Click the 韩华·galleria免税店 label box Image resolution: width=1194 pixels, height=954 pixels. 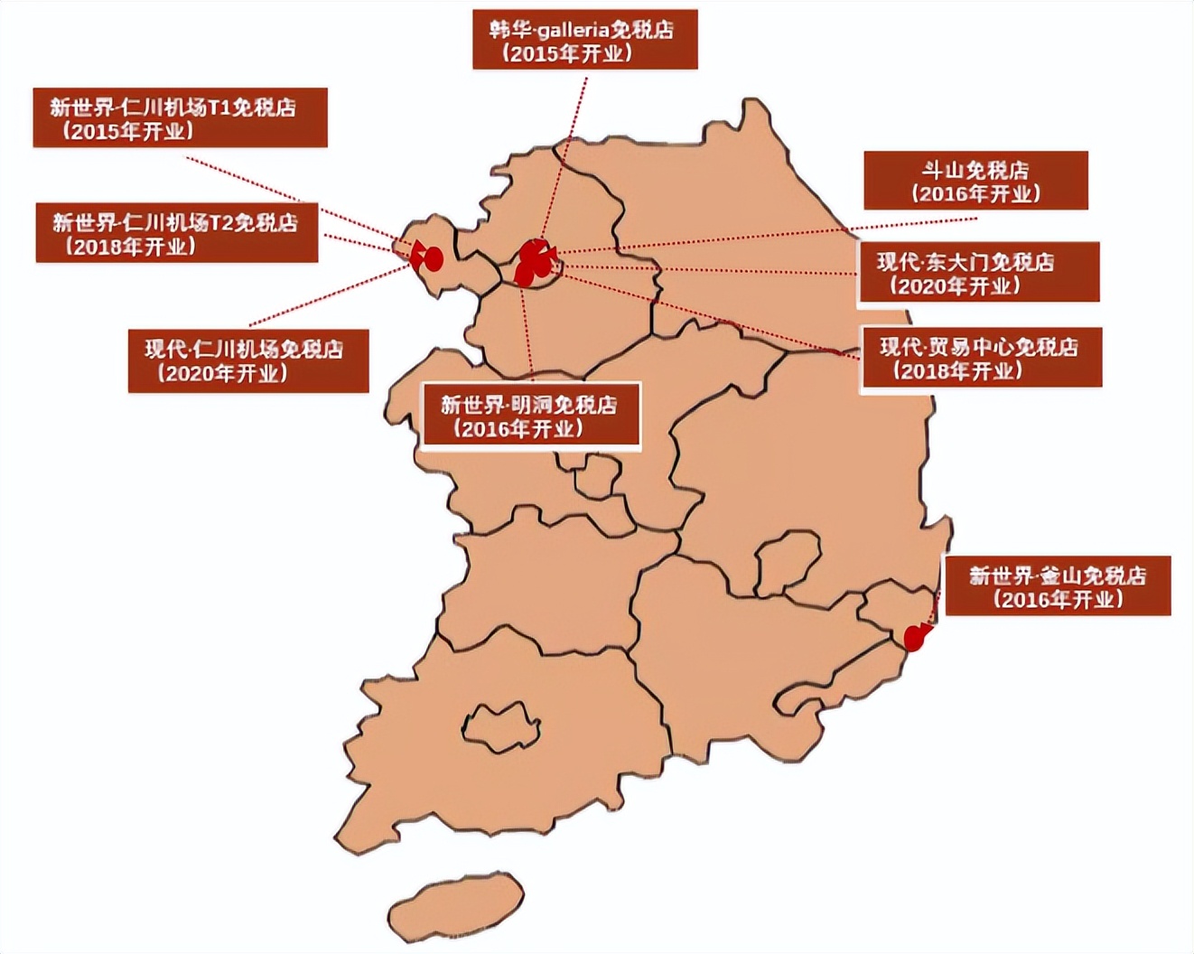coord(584,40)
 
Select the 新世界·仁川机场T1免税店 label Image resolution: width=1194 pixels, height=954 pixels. coord(180,117)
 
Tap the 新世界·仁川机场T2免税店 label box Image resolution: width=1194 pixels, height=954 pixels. coord(176,233)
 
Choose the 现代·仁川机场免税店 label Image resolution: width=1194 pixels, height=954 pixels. coord(247,360)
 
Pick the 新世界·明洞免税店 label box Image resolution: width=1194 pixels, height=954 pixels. coord(531,416)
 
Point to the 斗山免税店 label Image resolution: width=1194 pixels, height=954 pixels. coord(975,181)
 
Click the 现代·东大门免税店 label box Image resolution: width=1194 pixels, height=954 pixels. coord(978,272)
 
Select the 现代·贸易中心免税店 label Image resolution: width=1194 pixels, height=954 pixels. coord(980,358)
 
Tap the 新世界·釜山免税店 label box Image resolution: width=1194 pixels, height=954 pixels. coord(1057,586)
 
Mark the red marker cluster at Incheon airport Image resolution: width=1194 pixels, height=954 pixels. coord(426,257)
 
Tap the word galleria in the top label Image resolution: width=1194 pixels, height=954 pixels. coord(574,29)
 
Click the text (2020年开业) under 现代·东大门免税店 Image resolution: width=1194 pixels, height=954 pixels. coord(955,286)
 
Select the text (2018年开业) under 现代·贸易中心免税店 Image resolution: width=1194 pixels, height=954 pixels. coord(957,370)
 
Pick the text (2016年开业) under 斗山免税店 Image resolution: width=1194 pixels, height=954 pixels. coord(975,194)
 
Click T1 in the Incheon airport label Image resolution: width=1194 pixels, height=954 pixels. coord(219,108)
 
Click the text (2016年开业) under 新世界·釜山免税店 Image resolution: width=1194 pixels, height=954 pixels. coord(1057,599)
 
